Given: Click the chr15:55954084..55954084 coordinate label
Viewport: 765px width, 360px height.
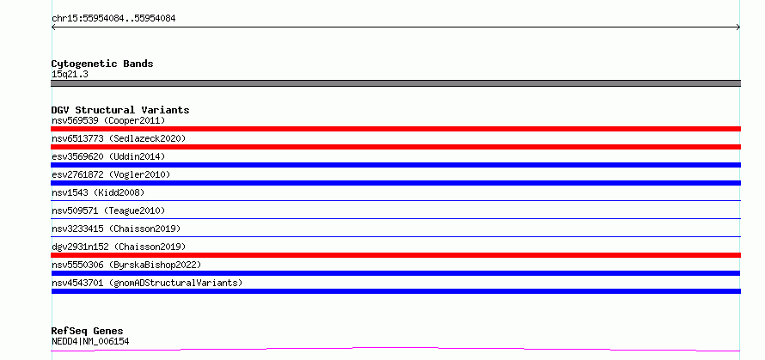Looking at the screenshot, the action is click(113, 19).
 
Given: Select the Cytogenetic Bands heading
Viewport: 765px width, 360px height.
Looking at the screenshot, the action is click(102, 64).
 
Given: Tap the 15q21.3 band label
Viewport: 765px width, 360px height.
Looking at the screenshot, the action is click(70, 75).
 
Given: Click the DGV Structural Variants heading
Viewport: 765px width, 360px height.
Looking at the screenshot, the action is click(120, 110).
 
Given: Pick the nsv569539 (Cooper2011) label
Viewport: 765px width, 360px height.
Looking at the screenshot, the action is click(108, 120).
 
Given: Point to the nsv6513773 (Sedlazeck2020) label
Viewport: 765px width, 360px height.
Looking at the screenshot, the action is click(119, 138).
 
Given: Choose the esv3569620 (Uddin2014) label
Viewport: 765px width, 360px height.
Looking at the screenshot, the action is click(108, 156).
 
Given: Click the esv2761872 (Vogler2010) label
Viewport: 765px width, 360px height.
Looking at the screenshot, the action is click(111, 174).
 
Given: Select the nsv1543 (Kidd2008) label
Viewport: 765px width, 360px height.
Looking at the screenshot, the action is click(98, 192).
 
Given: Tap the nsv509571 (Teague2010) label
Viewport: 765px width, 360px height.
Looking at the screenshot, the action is click(108, 211).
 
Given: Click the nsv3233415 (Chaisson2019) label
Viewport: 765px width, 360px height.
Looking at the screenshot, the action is click(116, 229).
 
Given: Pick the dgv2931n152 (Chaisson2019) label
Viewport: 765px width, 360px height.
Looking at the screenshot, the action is click(119, 247).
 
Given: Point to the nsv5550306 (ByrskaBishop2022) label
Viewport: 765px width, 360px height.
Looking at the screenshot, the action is click(126, 265).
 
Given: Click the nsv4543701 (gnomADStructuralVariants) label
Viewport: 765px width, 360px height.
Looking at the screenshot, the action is click(147, 283).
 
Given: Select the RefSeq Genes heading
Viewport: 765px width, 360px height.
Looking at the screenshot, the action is click(87, 332).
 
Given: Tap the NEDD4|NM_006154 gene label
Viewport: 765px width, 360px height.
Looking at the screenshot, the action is click(90, 342).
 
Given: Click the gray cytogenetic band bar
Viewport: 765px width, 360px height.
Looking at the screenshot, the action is click(395, 83).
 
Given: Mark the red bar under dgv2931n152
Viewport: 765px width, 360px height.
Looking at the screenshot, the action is click(395, 255).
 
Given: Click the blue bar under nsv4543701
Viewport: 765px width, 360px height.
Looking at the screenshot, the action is click(395, 291).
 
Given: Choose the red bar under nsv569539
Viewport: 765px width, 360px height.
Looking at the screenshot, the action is click(395, 129).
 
